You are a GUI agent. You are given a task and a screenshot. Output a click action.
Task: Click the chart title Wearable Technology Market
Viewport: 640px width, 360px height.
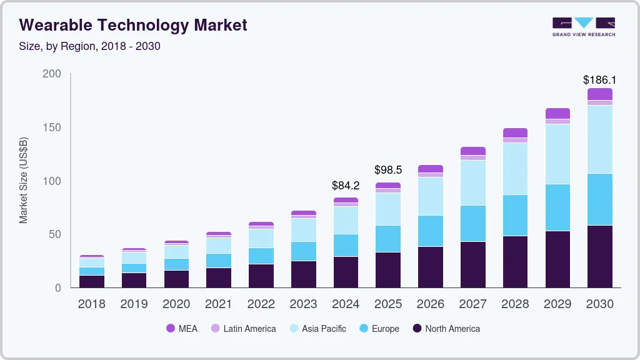(x=133, y=25)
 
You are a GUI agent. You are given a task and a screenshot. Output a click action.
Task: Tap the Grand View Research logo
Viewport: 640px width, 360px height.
(x=583, y=26)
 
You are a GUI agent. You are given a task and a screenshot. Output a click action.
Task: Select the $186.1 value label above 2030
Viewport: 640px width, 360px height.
(x=599, y=80)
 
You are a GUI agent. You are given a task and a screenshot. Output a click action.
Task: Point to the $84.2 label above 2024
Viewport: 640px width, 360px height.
(x=346, y=185)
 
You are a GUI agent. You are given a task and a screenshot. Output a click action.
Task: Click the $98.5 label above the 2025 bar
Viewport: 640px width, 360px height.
(x=387, y=170)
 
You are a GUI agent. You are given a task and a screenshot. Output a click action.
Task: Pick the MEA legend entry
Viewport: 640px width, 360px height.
(x=182, y=329)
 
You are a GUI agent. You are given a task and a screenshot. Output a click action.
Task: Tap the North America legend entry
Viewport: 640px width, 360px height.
(x=446, y=329)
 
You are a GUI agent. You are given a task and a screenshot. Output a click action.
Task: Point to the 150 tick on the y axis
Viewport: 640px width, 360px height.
(x=52, y=127)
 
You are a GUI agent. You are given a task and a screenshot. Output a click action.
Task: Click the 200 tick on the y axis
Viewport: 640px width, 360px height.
(x=52, y=74)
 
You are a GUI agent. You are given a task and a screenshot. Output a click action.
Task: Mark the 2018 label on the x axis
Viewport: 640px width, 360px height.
(x=91, y=304)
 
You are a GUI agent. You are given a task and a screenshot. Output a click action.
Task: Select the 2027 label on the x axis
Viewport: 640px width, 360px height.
(x=472, y=304)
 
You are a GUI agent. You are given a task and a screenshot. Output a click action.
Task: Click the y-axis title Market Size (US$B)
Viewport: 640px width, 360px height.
(x=24, y=181)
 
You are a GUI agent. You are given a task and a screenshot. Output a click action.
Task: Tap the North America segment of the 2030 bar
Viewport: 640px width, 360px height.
(x=599, y=256)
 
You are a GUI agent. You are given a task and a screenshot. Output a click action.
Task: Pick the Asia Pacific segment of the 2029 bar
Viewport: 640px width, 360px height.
(x=557, y=154)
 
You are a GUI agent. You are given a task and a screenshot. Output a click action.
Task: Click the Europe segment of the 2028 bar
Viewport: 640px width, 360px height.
(x=515, y=215)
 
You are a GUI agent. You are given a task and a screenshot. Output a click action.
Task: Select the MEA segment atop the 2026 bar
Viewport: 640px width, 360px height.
(x=430, y=169)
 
